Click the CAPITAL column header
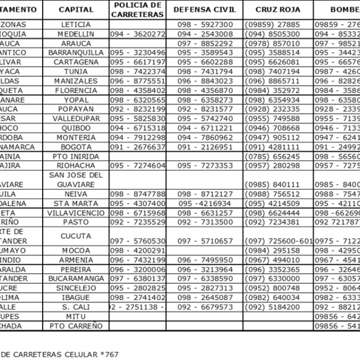click(76, 10)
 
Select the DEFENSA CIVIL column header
click(205, 10)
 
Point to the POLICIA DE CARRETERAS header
click(137, 10)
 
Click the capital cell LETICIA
click(76, 25)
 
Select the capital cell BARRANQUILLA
click(76, 53)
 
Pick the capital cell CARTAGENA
click(76, 62)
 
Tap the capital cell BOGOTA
click(76, 146)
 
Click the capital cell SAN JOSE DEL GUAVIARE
click(76, 179)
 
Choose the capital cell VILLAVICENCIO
click(76, 212)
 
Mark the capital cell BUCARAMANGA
click(76, 278)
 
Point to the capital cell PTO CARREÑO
click(76, 326)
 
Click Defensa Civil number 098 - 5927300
click(205, 25)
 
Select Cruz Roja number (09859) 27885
click(272, 25)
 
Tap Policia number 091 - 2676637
click(137, 146)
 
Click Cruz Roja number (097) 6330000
click(272, 278)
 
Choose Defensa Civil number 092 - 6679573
click(205, 307)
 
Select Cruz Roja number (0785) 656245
click(272, 156)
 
